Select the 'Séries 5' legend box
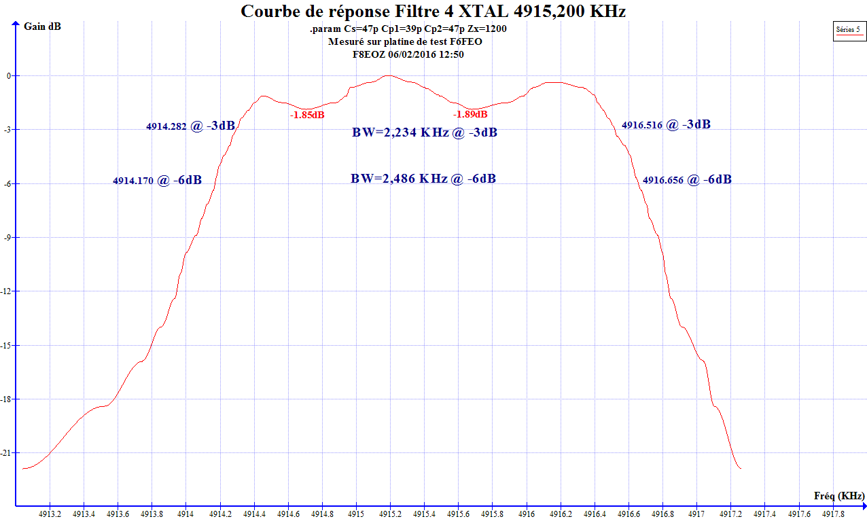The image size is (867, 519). (x=849, y=30)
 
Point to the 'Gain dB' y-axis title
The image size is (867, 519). (x=42, y=26)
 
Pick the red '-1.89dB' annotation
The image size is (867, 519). (x=470, y=114)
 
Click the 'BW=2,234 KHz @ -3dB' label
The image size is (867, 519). (x=424, y=132)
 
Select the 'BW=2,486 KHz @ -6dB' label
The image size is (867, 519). (x=423, y=179)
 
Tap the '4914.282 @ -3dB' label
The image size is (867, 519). (x=190, y=126)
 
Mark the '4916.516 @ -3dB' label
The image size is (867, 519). (x=666, y=124)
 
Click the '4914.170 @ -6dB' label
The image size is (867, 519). (x=157, y=181)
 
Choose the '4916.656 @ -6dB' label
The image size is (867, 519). (x=687, y=180)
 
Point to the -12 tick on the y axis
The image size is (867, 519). (x=9, y=291)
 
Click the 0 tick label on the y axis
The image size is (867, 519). (x=9, y=76)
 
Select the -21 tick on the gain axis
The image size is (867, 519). (x=9, y=453)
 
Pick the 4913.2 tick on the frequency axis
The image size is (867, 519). (x=50, y=514)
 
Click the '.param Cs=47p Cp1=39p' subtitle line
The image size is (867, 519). (x=408, y=29)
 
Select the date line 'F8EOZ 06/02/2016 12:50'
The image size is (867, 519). (x=408, y=54)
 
